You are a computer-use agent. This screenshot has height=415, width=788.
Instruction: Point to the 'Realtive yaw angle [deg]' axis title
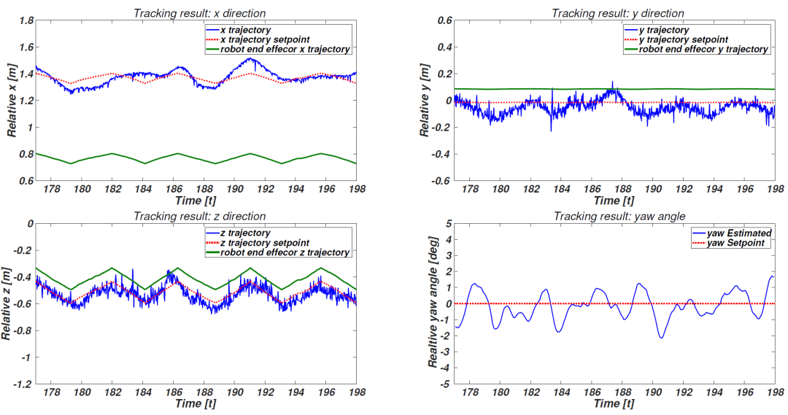click(433, 303)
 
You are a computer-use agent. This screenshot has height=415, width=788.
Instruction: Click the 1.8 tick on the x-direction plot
click(26, 21)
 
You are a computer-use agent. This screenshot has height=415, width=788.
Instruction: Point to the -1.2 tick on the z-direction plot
click(21, 384)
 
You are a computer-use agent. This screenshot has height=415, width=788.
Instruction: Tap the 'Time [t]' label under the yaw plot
click(614, 403)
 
